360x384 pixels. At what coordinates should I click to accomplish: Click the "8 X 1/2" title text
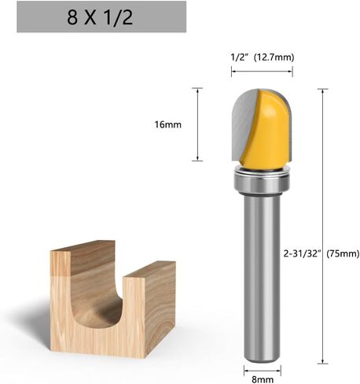pos(100,17)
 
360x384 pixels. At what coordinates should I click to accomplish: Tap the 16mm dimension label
pos(167,124)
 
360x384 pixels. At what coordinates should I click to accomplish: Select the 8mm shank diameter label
pos(263,379)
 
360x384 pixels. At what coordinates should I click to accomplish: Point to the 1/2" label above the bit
pos(239,57)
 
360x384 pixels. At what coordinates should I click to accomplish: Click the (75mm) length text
pos(343,253)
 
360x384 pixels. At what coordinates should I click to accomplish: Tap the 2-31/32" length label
pos(303,253)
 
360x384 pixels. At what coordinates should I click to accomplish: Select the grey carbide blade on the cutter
pos(243,124)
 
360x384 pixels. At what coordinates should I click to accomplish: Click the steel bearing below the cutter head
pos(262,181)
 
